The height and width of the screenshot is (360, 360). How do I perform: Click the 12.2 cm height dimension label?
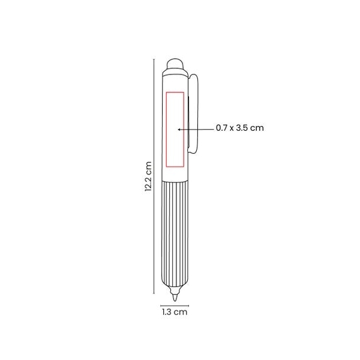pyautogui.click(x=148, y=176)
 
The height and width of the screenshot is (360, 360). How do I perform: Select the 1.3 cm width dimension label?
pyautogui.click(x=175, y=312)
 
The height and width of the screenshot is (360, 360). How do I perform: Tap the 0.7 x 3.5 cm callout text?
pyautogui.click(x=239, y=128)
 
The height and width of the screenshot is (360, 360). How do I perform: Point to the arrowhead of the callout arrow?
pyautogui.click(x=179, y=130)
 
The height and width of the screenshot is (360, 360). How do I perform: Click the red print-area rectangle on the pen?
pyautogui.click(x=166, y=129)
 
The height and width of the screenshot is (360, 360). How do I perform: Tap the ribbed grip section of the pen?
pyautogui.click(x=175, y=233)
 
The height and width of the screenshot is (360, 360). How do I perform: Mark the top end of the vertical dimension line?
pyautogui.click(x=154, y=59)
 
